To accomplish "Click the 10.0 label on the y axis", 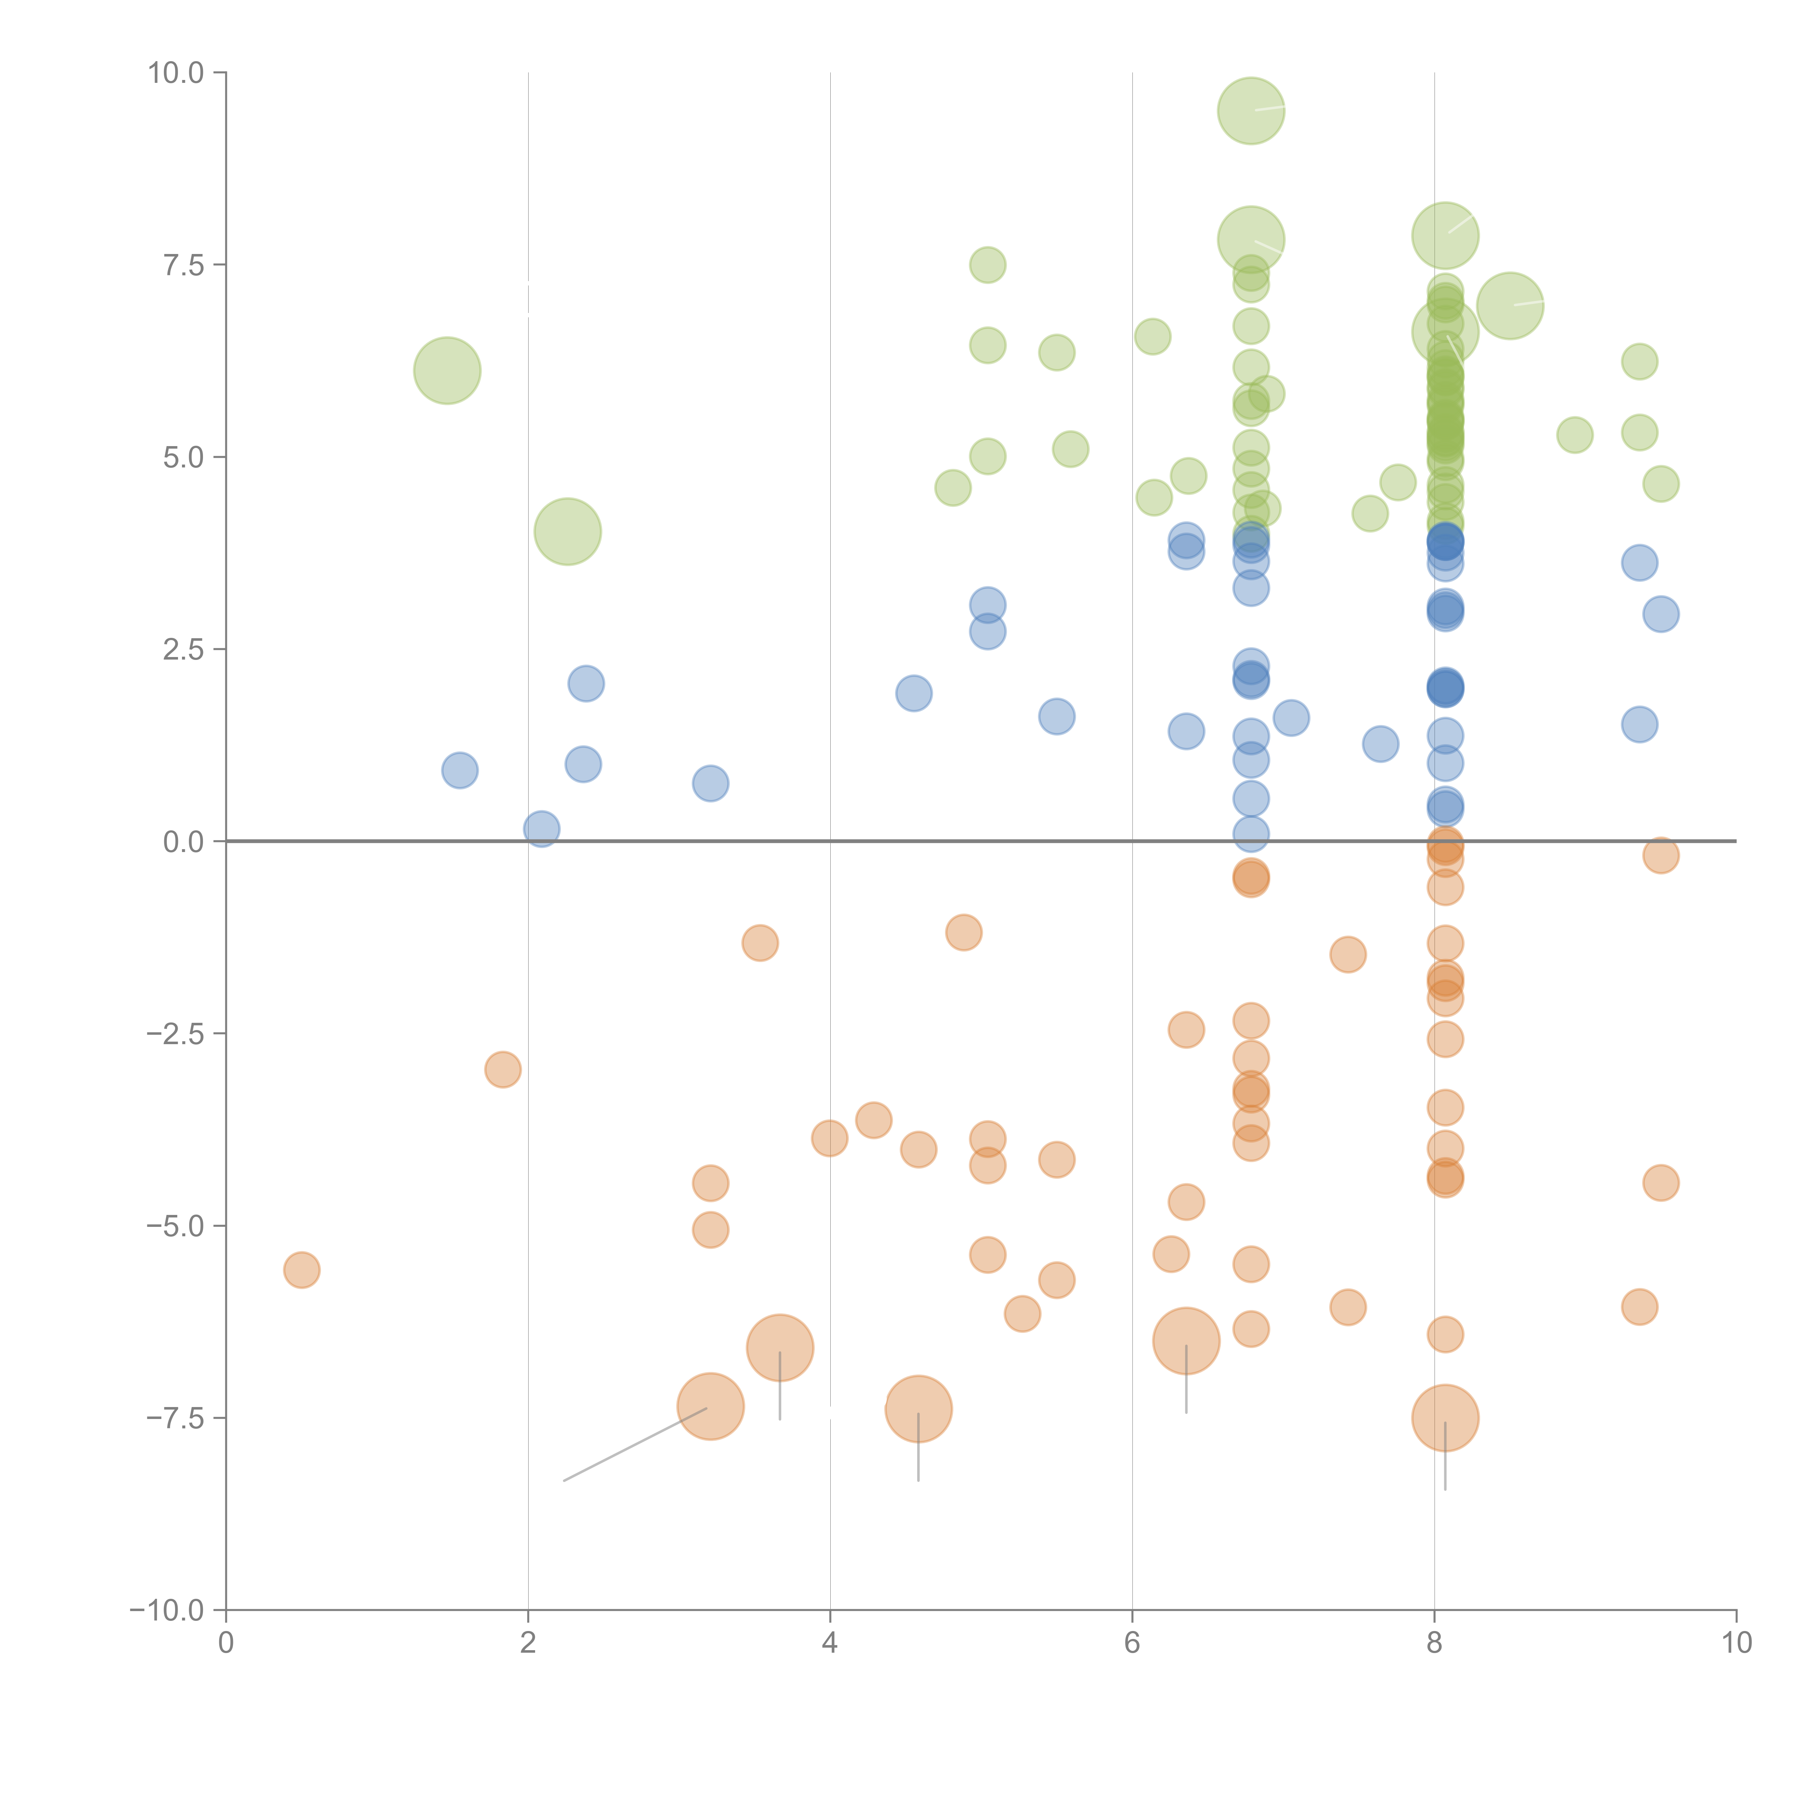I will coord(176,73).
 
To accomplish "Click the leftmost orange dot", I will coord(301,1271).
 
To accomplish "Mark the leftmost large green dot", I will coord(448,371).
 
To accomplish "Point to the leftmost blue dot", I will coord(460,771).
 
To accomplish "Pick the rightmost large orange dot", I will coord(1445,1419).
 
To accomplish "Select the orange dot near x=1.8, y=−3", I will coord(503,1069).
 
